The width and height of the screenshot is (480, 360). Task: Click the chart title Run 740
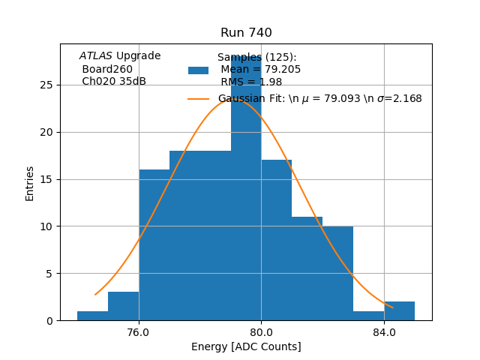[246, 33]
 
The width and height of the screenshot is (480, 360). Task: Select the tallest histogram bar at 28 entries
[246, 187]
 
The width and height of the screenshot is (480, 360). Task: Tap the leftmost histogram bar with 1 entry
[92, 316]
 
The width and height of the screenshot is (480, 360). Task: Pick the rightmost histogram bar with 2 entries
[399, 311]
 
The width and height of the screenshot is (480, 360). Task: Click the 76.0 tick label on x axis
[139, 332]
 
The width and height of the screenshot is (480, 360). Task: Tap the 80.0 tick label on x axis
[261, 332]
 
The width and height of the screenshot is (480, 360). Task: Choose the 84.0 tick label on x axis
[384, 332]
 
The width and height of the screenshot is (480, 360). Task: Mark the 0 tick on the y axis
[51, 321]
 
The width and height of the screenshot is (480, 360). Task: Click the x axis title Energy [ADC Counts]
[246, 346]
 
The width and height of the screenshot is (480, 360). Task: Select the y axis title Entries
[30, 183]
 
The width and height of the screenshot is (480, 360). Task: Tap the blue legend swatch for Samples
[198, 70]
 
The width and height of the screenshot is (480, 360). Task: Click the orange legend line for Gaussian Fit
[198, 99]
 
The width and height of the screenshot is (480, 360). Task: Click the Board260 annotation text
[107, 69]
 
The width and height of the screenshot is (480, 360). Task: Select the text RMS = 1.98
[250, 82]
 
